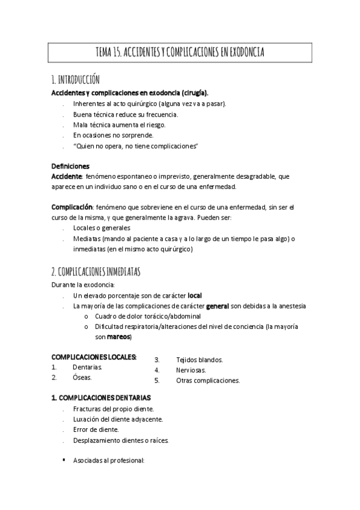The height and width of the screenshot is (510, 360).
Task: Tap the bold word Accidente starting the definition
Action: [x=67, y=176]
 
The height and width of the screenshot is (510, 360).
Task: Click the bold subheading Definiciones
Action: [x=70, y=166]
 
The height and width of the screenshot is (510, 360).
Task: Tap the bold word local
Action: [x=195, y=295]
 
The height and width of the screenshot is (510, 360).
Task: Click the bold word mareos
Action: [x=114, y=337]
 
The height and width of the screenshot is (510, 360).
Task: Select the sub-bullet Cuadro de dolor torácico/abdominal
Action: [x=148, y=316]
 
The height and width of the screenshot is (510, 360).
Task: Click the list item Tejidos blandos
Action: [x=200, y=360]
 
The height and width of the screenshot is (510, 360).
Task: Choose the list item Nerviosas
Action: [x=191, y=370]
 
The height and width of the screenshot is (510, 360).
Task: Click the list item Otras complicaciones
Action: [x=208, y=381]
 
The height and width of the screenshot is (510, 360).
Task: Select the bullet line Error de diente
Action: [x=96, y=429]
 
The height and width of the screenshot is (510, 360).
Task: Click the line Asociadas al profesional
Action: [x=109, y=461]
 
